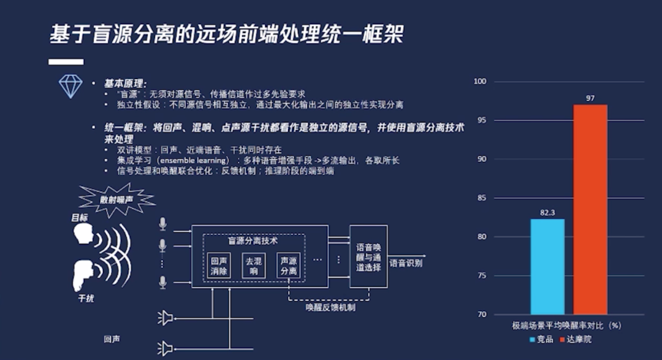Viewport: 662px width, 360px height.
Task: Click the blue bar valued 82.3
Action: (547, 267)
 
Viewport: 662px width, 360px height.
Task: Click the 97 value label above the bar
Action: (590, 98)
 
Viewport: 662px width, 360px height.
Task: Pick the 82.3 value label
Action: (547, 212)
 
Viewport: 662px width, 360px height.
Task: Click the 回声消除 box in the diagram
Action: (219, 266)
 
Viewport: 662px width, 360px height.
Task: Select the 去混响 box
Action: (253, 266)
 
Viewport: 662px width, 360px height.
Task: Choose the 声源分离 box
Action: (288, 266)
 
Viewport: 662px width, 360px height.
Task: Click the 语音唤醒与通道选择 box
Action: (368, 256)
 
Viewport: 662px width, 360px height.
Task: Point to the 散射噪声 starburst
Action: (116, 200)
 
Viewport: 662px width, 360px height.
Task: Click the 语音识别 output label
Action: (406, 263)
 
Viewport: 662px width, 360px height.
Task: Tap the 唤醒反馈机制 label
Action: (330, 307)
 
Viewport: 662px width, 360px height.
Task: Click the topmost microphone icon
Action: (162, 224)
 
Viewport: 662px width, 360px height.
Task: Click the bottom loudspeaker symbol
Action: (165, 348)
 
